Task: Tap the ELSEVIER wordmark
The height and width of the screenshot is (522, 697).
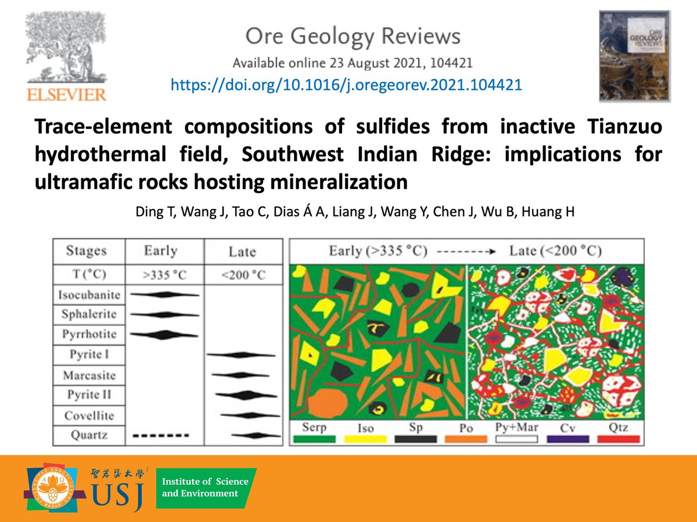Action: pyautogui.click(x=65, y=95)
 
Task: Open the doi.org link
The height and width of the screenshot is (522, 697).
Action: pyautogui.click(x=346, y=85)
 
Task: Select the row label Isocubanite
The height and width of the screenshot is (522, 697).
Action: pyautogui.click(x=89, y=295)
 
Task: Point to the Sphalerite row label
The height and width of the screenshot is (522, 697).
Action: pyautogui.click(x=89, y=314)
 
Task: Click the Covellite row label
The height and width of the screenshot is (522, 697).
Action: pyautogui.click(x=89, y=415)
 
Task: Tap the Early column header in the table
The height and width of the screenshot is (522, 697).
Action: pyautogui.click(x=160, y=251)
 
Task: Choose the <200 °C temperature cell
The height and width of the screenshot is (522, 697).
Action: pyautogui.click(x=242, y=274)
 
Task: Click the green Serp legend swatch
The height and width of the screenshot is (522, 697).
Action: pyautogui.click(x=314, y=439)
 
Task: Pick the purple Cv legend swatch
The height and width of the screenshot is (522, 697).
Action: pyautogui.click(x=567, y=439)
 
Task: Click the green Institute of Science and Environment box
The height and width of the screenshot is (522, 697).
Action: pyautogui.click(x=206, y=488)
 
